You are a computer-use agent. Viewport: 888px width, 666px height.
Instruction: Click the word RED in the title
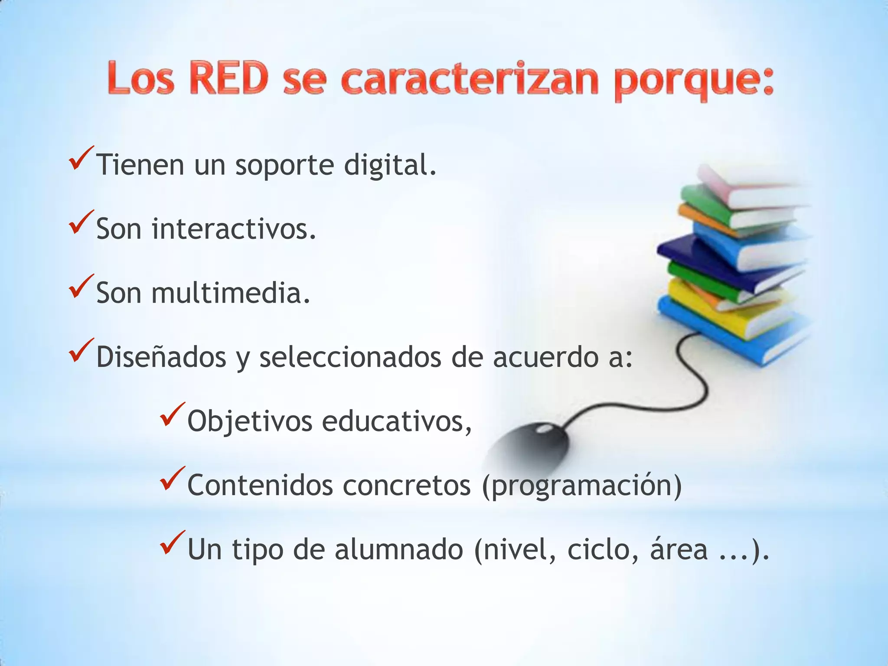pyautogui.click(x=229, y=78)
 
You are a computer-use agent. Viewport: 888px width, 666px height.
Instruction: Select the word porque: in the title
pyautogui.click(x=694, y=82)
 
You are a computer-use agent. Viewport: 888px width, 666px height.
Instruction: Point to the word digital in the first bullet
pyautogui.click(x=390, y=166)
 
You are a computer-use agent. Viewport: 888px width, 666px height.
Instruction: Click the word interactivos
pyautogui.click(x=234, y=229)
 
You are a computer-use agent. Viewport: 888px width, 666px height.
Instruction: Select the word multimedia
pyautogui.click(x=231, y=293)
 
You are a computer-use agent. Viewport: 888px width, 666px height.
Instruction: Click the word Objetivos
pyautogui.click(x=250, y=421)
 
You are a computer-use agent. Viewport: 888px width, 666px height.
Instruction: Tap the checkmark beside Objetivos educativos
pyautogui.click(x=172, y=415)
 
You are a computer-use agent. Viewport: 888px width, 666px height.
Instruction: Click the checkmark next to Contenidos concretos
pyautogui.click(x=172, y=479)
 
